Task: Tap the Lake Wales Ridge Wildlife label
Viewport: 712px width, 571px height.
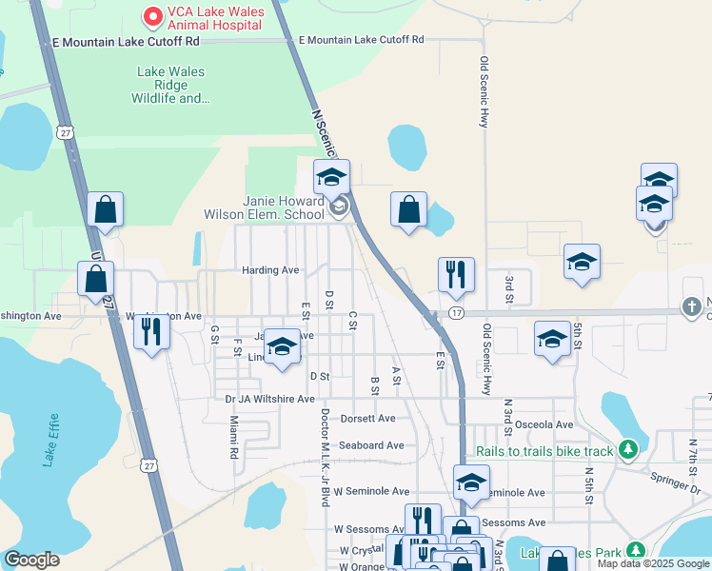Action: click(x=170, y=85)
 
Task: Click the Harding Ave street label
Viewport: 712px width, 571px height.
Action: click(x=269, y=270)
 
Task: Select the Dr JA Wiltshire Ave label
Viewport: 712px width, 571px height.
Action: click(x=269, y=399)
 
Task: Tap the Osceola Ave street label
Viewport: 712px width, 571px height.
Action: click(x=539, y=424)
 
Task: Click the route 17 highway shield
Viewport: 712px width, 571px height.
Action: click(x=457, y=312)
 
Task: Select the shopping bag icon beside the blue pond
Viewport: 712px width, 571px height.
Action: click(x=408, y=210)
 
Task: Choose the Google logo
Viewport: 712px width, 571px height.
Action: click(x=31, y=560)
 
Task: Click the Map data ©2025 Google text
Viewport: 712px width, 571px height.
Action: click(x=652, y=563)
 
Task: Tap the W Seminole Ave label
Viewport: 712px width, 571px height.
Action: click(x=371, y=491)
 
